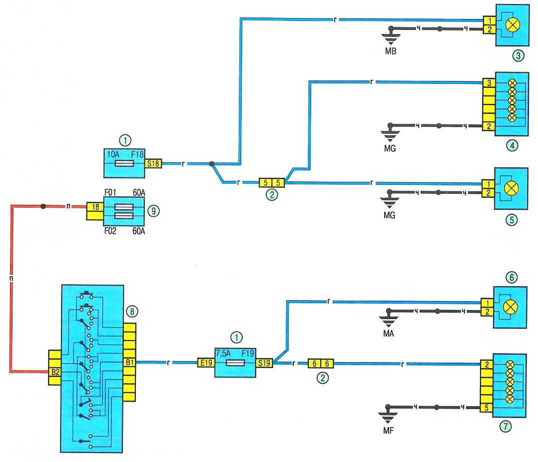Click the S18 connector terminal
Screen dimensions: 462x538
tap(154, 163)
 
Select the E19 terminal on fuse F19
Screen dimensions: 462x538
tap(205, 363)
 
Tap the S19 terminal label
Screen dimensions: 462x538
tap(264, 363)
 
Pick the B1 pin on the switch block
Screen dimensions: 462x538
tap(129, 363)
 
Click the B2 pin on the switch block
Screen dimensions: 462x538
tap(55, 371)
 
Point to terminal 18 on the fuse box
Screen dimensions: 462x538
tap(94, 206)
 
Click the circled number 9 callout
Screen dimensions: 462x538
tap(155, 211)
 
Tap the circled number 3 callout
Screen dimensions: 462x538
tap(520, 56)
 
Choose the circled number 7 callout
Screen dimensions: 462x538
tap(507, 427)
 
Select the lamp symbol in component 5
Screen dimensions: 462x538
tap(511, 189)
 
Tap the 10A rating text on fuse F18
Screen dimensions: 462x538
tap(113, 153)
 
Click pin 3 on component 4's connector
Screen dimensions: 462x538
tap(490, 83)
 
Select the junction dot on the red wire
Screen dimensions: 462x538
tap(44, 206)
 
